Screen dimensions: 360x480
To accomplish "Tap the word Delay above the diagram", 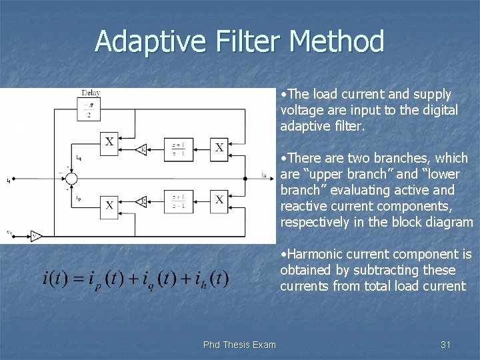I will [x=91, y=93].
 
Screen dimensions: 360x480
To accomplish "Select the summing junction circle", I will [x=71, y=179].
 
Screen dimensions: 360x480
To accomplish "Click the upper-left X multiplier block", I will [x=110, y=141].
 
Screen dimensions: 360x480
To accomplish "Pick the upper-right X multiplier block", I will [x=219, y=147].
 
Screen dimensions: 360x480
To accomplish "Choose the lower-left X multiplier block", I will [x=110, y=205].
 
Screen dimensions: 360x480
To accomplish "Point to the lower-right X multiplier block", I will [x=219, y=199].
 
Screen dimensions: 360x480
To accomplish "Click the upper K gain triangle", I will [x=141, y=149].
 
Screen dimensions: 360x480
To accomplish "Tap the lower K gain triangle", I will [x=141, y=200].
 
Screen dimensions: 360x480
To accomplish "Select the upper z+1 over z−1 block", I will [x=178, y=148].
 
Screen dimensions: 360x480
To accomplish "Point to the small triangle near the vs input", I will [x=35, y=235].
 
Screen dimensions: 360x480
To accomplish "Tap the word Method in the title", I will [x=337, y=41].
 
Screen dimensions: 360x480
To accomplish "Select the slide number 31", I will [x=446, y=345].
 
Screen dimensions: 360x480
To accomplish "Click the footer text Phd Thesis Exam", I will [x=239, y=345].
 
